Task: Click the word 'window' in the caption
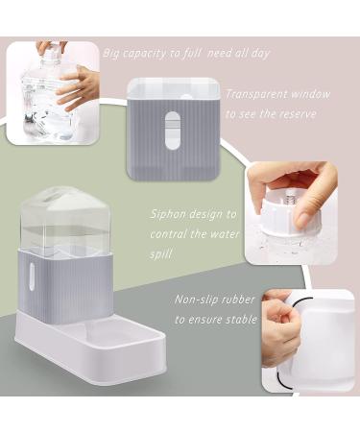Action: pos(309,94)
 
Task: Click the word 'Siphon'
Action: pos(167,214)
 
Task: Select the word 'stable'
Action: pos(242,319)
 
